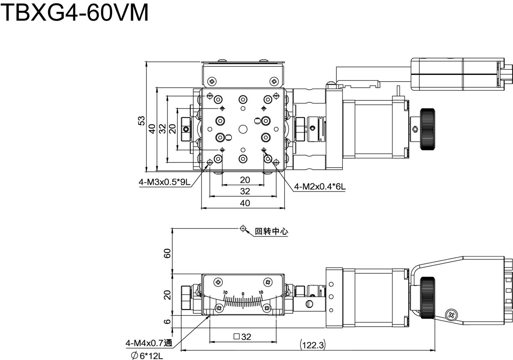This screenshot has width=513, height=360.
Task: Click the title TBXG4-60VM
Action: tap(75, 13)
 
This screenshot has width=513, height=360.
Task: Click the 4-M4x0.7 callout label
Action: tap(148, 342)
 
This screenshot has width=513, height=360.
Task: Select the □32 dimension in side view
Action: tap(242, 337)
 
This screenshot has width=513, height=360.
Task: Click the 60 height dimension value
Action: tap(168, 253)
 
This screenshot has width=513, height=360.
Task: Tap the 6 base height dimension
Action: tap(168, 322)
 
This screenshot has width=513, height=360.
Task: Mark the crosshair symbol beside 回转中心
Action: tap(243, 229)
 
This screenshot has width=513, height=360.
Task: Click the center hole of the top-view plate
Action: tap(243, 128)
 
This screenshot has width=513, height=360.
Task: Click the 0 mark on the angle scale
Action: tap(243, 294)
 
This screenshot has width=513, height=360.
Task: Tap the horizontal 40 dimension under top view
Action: tap(245, 204)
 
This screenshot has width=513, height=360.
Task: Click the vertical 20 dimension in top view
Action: tap(172, 129)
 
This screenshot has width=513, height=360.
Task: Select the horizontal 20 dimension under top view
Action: tap(245, 180)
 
